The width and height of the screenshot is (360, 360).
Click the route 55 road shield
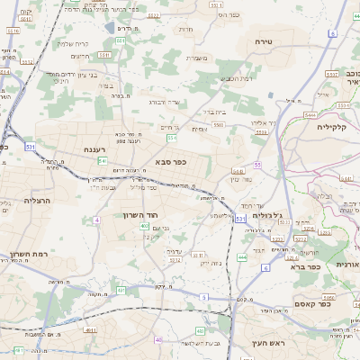coord(257,166)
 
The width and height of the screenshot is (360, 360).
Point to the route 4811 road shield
coord(90,329)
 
